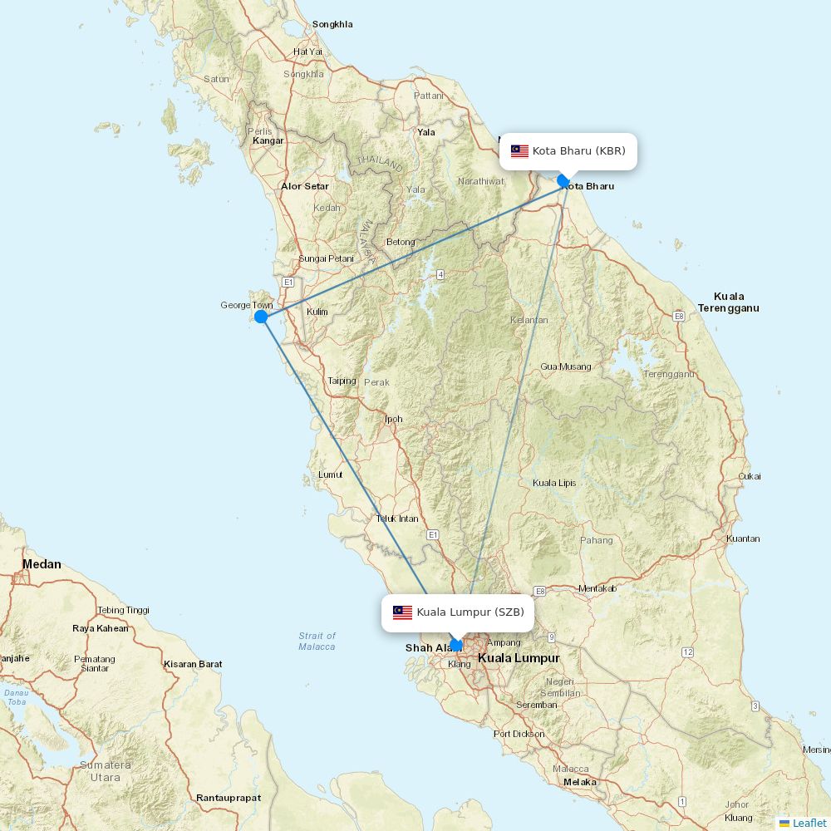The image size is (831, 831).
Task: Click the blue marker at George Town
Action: pos(261,317)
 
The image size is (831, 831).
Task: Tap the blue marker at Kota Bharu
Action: pos(563,181)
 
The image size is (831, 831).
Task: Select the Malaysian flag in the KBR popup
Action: pos(519,151)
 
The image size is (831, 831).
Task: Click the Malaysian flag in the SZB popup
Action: pos(402,612)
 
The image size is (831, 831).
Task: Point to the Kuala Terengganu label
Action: pos(729,302)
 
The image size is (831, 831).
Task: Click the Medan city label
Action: pos(42,564)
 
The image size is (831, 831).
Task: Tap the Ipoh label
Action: pos(393,419)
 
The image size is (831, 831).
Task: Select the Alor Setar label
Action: pos(304,186)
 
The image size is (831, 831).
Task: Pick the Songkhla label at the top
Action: pos(332,24)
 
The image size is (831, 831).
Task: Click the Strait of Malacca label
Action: pos(317,641)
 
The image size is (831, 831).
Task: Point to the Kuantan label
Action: pos(743,538)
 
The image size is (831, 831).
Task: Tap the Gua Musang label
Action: pos(566,366)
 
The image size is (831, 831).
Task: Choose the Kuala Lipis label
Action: pos(554,483)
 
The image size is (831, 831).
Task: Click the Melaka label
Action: pos(579,782)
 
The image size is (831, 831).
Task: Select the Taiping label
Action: pos(342,381)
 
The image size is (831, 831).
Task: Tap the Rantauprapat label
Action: pos(229,798)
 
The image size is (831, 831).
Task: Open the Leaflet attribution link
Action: pos(809,823)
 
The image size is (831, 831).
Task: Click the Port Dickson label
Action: pos(519,734)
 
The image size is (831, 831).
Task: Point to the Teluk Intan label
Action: pos(397,519)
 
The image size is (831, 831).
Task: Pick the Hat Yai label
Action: pos(307,52)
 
